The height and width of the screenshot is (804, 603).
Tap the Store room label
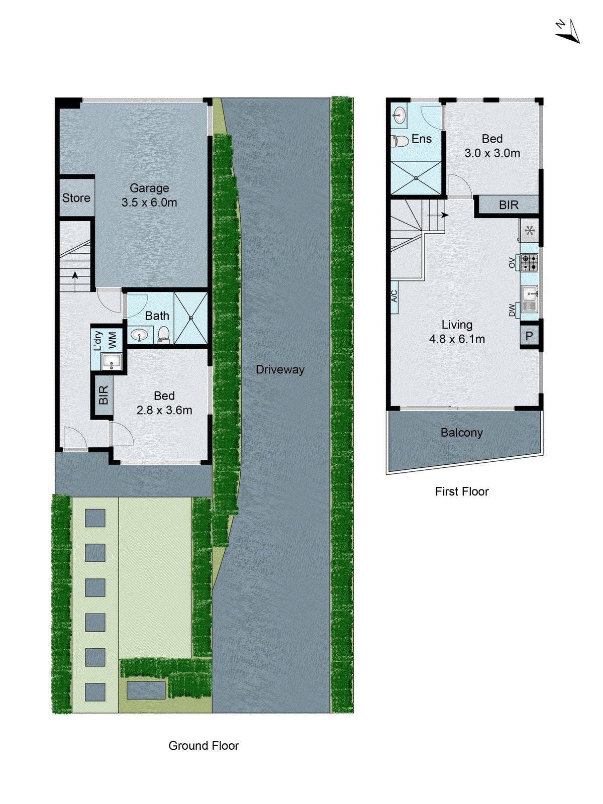tap(76, 198)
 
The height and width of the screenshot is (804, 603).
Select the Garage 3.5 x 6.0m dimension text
tap(149, 203)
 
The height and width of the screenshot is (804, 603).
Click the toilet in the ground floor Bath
tap(164, 334)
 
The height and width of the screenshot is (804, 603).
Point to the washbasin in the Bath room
tap(139, 334)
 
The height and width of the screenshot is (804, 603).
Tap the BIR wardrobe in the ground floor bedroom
tap(103, 395)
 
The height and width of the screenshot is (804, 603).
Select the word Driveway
tap(280, 369)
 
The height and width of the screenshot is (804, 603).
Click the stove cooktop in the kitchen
tap(529, 263)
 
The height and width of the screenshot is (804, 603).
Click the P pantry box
tap(529, 336)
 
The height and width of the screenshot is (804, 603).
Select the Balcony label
tap(461, 433)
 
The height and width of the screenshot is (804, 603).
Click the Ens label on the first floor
tap(421, 139)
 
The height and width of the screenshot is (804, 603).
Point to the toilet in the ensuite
tap(400, 141)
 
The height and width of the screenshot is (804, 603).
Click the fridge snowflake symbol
tap(529, 231)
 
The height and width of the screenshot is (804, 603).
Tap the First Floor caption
tap(461, 491)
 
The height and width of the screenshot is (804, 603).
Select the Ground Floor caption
tap(204, 746)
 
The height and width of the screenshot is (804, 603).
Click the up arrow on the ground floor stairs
tap(75, 275)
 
